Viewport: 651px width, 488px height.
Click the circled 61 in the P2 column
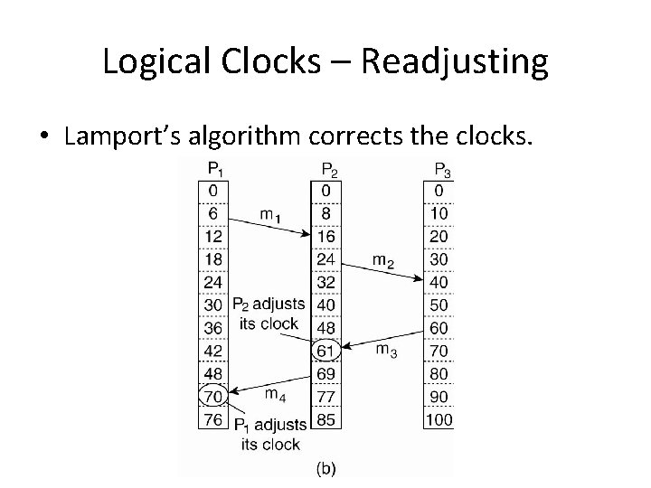click(327, 349)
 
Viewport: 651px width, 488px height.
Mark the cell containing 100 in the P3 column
click(439, 418)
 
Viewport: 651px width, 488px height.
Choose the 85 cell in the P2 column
click(327, 418)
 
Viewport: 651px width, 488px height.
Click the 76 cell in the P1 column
click(213, 418)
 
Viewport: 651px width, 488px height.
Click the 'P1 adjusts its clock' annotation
click(269, 434)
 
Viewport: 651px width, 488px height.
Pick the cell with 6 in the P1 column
click(213, 212)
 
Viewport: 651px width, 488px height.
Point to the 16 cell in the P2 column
click(327, 235)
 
